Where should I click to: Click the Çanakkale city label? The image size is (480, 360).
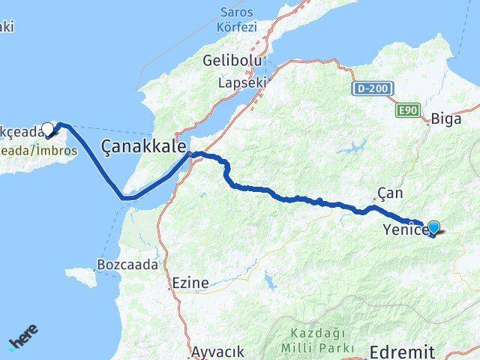(x=144, y=143)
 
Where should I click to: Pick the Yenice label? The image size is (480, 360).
(x=405, y=229)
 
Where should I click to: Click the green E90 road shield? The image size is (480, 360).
(x=407, y=110)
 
